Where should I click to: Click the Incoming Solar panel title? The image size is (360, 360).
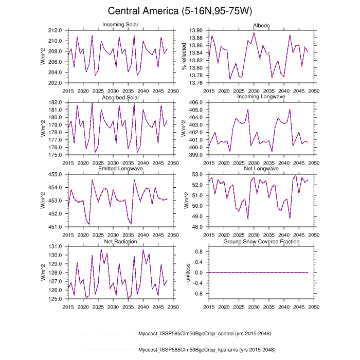pyautogui.click(x=119, y=25)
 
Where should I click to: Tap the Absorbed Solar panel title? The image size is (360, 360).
pyautogui.click(x=119, y=98)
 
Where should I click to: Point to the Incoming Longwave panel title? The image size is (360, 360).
pyautogui.click(x=260, y=97)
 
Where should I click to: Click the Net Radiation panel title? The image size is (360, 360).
pyautogui.click(x=119, y=241)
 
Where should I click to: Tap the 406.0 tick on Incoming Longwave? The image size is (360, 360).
pyautogui.click(x=196, y=103)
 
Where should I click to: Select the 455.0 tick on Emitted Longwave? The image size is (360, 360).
pyautogui.click(x=56, y=175)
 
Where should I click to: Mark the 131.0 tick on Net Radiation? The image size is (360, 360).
pyautogui.click(x=56, y=247)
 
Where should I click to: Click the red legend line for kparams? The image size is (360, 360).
pyautogui.click(x=108, y=350)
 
